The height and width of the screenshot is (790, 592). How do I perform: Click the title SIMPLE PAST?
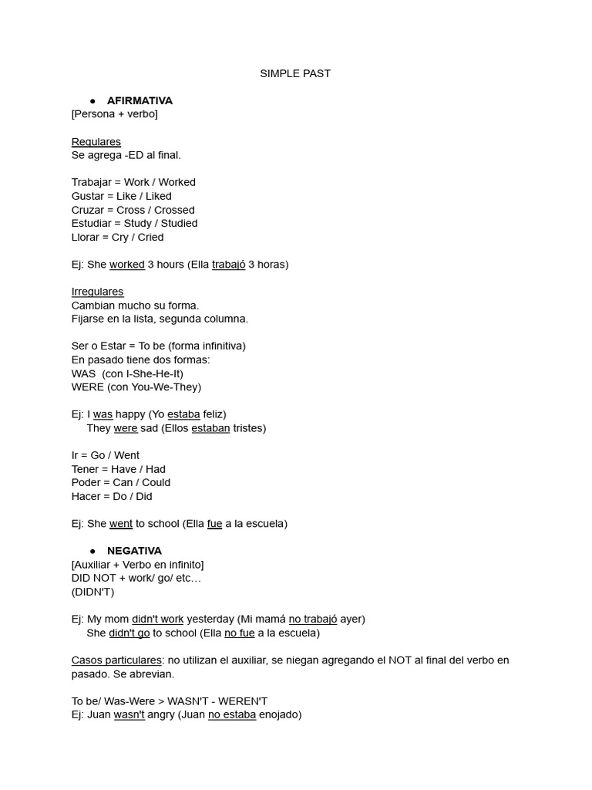pyautogui.click(x=295, y=73)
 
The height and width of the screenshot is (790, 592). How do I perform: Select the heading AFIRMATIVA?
pyautogui.click(x=140, y=100)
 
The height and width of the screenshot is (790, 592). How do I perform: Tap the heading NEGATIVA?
pyautogui.click(x=134, y=551)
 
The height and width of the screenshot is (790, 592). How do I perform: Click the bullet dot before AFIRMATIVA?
pyautogui.click(x=92, y=101)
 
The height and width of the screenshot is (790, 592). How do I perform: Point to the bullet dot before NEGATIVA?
pyautogui.click(x=92, y=551)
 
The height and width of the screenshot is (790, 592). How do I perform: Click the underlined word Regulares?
pyautogui.click(x=96, y=142)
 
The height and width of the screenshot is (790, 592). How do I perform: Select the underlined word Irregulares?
pyautogui.click(x=97, y=292)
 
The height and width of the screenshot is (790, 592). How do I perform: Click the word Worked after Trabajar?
pyautogui.click(x=177, y=182)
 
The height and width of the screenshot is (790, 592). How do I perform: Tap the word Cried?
pyautogui.click(x=150, y=237)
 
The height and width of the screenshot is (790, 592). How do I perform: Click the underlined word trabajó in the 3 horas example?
pyautogui.click(x=228, y=265)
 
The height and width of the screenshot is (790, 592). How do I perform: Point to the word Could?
pyautogui.click(x=156, y=482)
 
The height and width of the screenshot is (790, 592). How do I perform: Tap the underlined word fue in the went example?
pyautogui.click(x=214, y=524)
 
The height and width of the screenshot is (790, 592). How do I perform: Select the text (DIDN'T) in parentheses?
pyautogui.click(x=92, y=592)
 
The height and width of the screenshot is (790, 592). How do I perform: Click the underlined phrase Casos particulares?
pyautogui.click(x=116, y=660)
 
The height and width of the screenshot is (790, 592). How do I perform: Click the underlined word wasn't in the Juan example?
pyautogui.click(x=129, y=715)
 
